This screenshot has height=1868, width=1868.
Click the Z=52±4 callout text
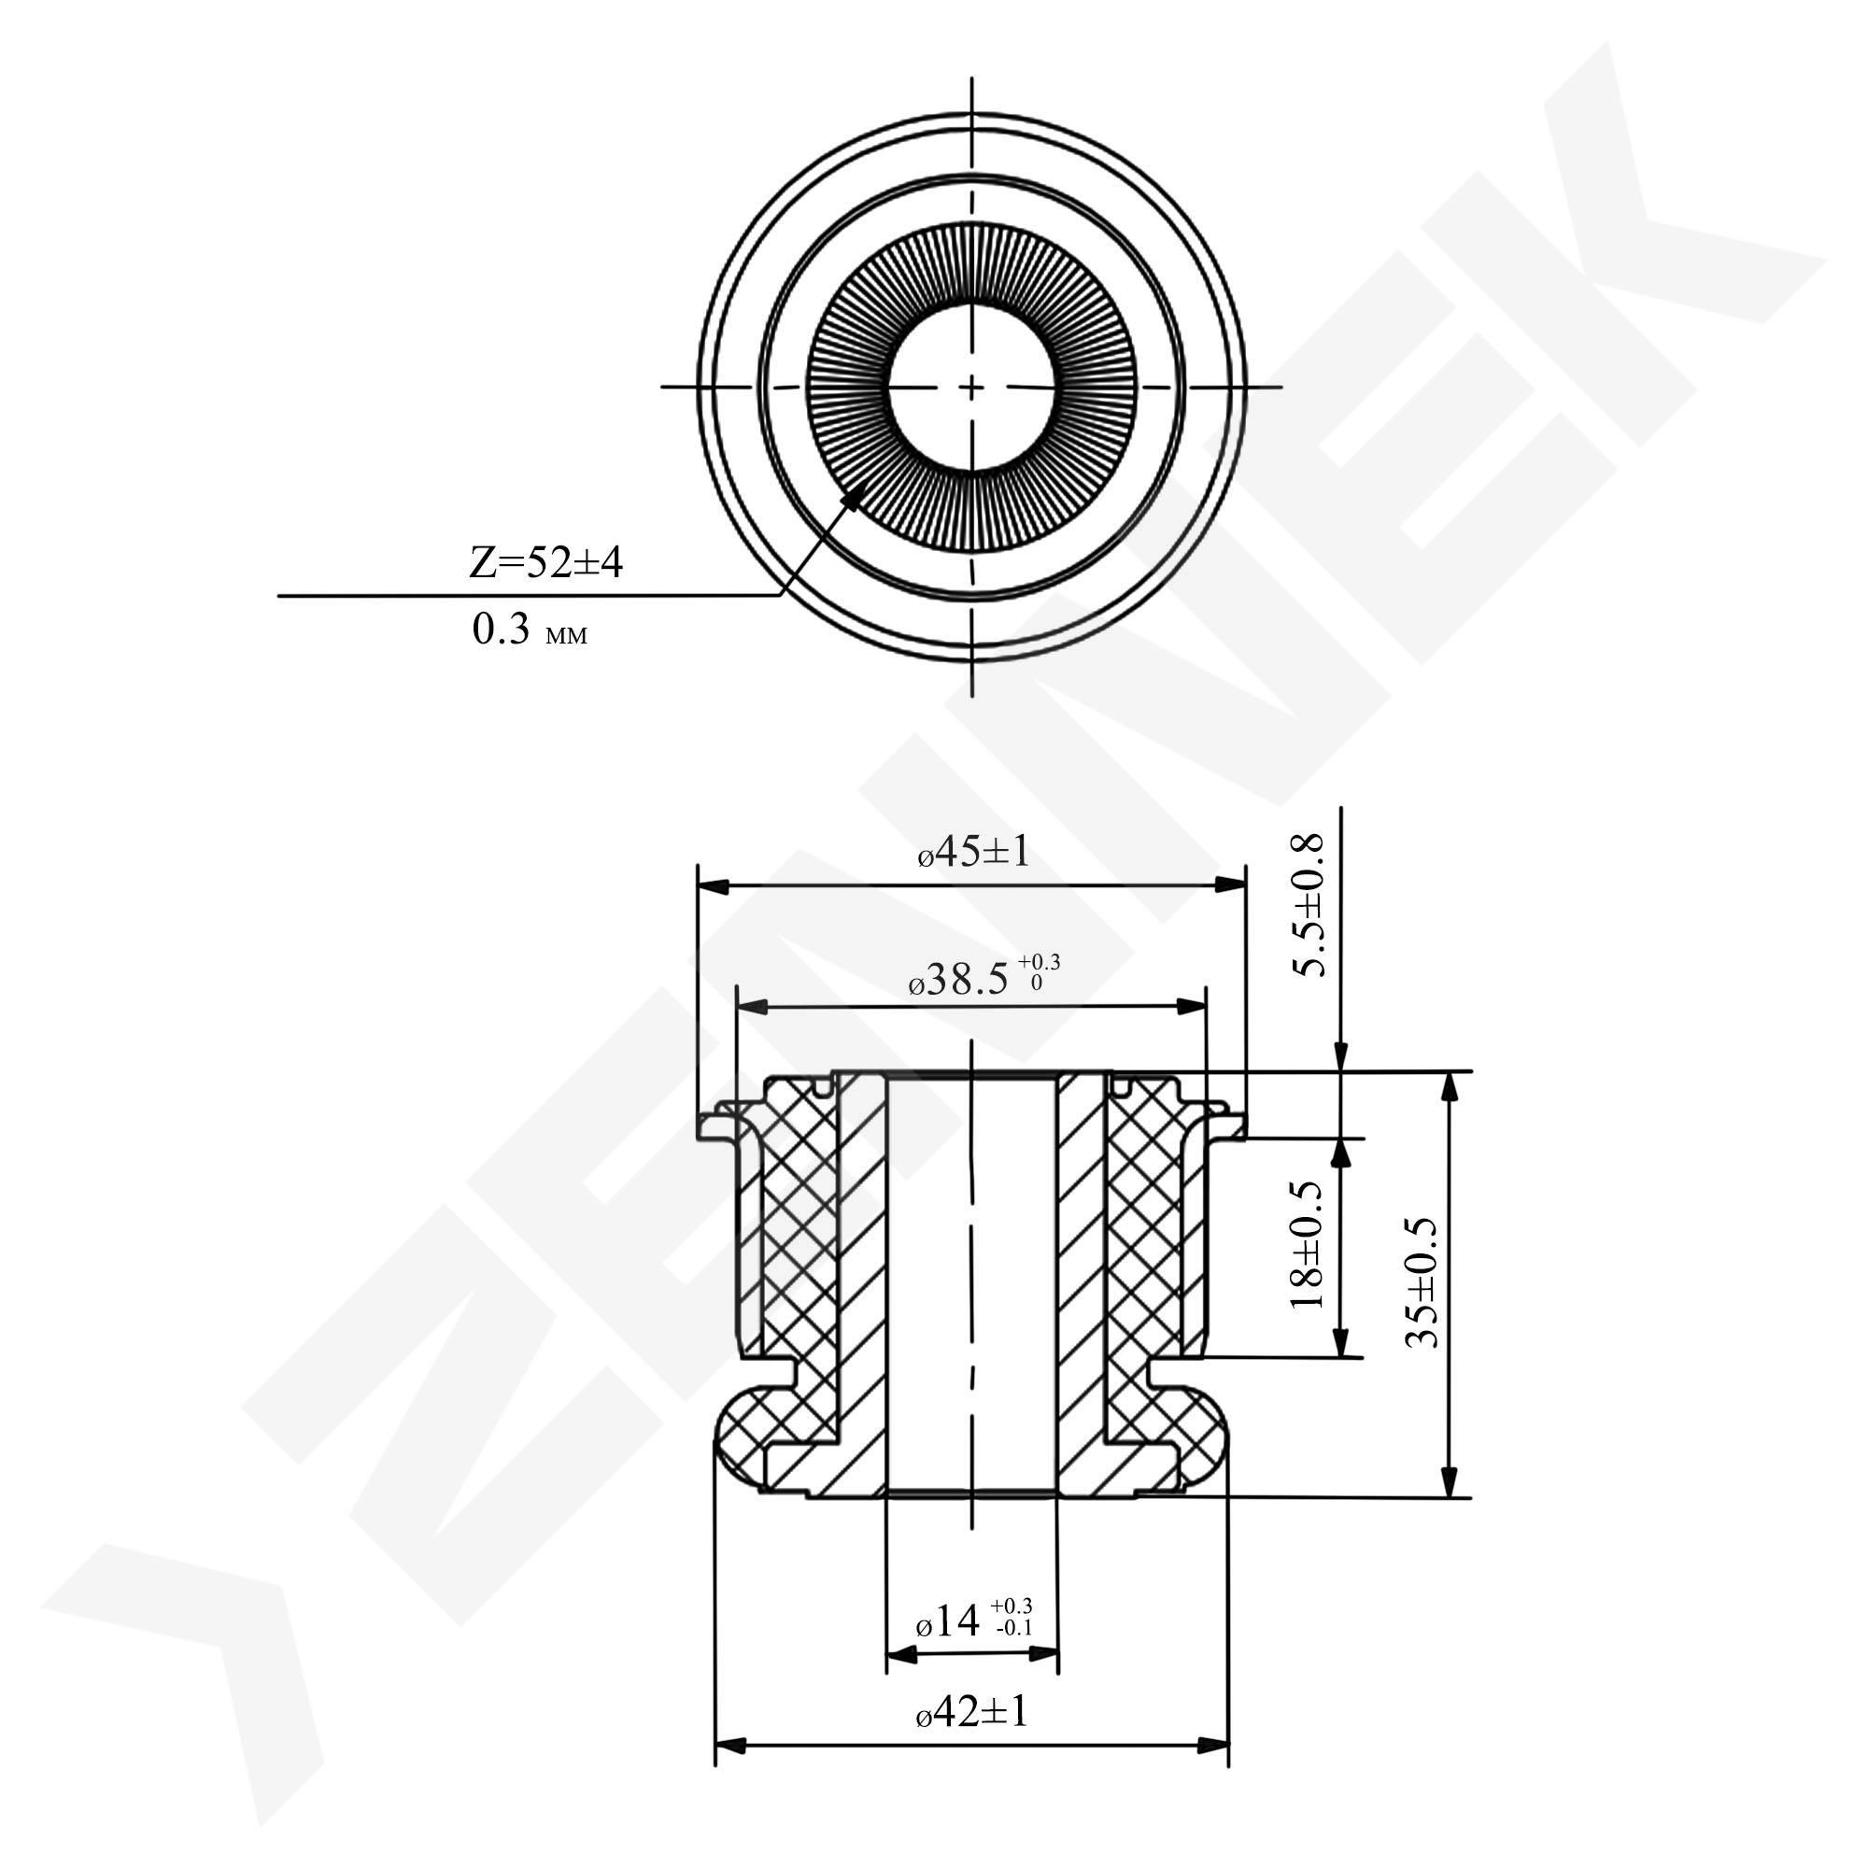pyautogui.click(x=545, y=562)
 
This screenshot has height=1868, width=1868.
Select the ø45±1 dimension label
pyautogui.click(x=973, y=852)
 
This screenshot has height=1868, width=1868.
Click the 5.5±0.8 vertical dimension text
pyautogui.click(x=1312, y=906)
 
